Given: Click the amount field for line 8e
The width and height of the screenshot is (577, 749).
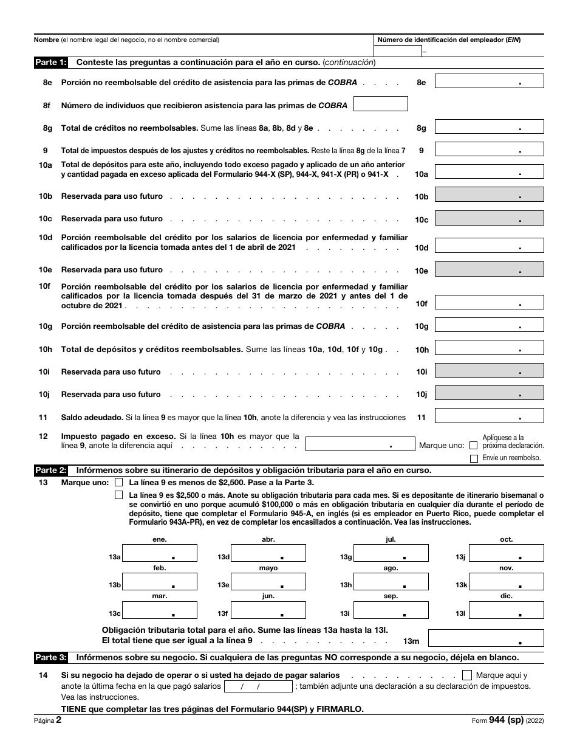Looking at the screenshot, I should click(x=489, y=81).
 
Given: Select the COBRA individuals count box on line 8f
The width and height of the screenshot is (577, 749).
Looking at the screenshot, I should click(x=380, y=105).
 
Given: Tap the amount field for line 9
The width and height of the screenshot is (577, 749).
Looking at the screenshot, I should click(x=489, y=150).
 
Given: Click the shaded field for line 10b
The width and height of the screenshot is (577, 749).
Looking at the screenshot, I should click(x=489, y=195).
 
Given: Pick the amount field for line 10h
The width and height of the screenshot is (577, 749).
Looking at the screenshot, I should click(x=489, y=348).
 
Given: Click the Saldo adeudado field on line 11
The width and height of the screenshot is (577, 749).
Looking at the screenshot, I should click(x=489, y=416).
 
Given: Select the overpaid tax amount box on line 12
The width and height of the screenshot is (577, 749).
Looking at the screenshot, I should click(x=359, y=444).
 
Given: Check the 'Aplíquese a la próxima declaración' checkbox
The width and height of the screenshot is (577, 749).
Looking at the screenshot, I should click(x=474, y=446).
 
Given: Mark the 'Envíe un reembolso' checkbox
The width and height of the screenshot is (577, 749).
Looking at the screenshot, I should click(x=474, y=458).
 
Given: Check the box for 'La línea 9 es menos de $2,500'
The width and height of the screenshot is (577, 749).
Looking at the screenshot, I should click(x=118, y=482).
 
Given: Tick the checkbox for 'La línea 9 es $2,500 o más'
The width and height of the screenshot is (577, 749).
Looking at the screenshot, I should click(x=118, y=495).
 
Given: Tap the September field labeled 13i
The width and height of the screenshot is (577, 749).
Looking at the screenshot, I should click(x=391, y=610).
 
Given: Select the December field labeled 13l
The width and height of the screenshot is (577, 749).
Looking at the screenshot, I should click(x=506, y=610).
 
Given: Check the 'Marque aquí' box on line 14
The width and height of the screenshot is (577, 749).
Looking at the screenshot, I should click(x=467, y=675).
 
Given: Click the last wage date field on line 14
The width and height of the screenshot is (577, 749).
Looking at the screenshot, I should click(x=258, y=686).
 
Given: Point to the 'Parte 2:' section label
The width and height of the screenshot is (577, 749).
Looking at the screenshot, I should click(x=51, y=469).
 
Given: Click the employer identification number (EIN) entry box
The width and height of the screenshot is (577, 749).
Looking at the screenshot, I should click(x=398, y=52).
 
